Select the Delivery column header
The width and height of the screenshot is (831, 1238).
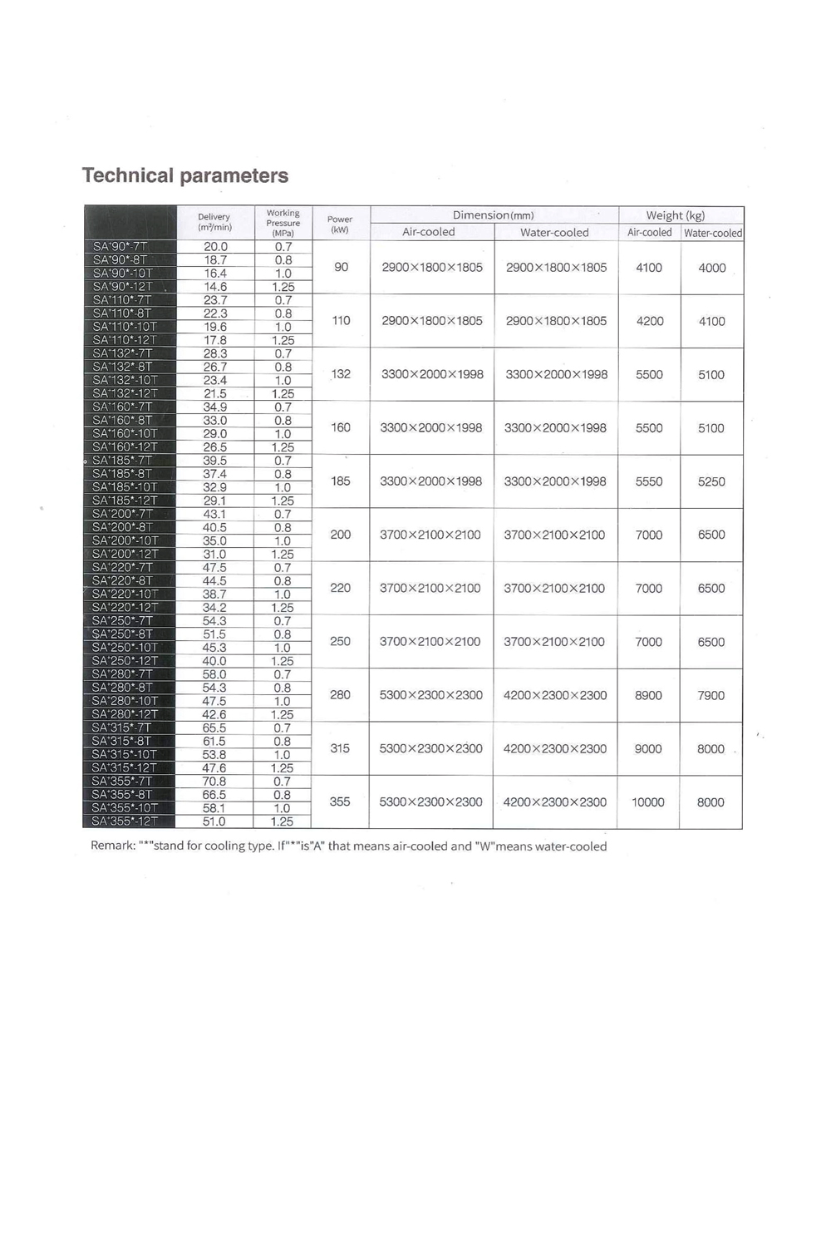(x=214, y=222)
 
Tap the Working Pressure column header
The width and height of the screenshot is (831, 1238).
(x=283, y=223)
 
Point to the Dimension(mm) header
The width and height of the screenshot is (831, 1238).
(x=494, y=215)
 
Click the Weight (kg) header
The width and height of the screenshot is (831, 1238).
(x=676, y=215)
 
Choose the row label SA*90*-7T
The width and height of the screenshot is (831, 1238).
(x=120, y=246)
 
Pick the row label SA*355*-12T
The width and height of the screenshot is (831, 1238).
(x=124, y=821)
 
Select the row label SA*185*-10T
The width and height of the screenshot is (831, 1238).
(x=125, y=487)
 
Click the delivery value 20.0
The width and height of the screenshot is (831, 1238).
(x=215, y=246)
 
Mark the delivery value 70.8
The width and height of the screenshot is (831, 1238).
(x=214, y=782)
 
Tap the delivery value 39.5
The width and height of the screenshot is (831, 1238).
(x=215, y=461)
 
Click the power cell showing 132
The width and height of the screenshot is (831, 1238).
(x=341, y=374)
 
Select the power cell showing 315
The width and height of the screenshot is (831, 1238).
(x=340, y=748)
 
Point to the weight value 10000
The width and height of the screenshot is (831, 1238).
(x=648, y=802)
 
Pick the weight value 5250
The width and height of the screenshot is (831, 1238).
(x=711, y=481)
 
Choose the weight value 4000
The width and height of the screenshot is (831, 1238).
(x=712, y=268)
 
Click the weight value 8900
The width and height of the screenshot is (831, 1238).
(x=649, y=695)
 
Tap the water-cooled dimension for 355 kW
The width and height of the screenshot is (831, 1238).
(x=555, y=802)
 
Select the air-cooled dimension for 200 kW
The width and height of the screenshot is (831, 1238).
(x=430, y=535)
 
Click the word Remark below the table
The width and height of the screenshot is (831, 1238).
(x=113, y=846)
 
